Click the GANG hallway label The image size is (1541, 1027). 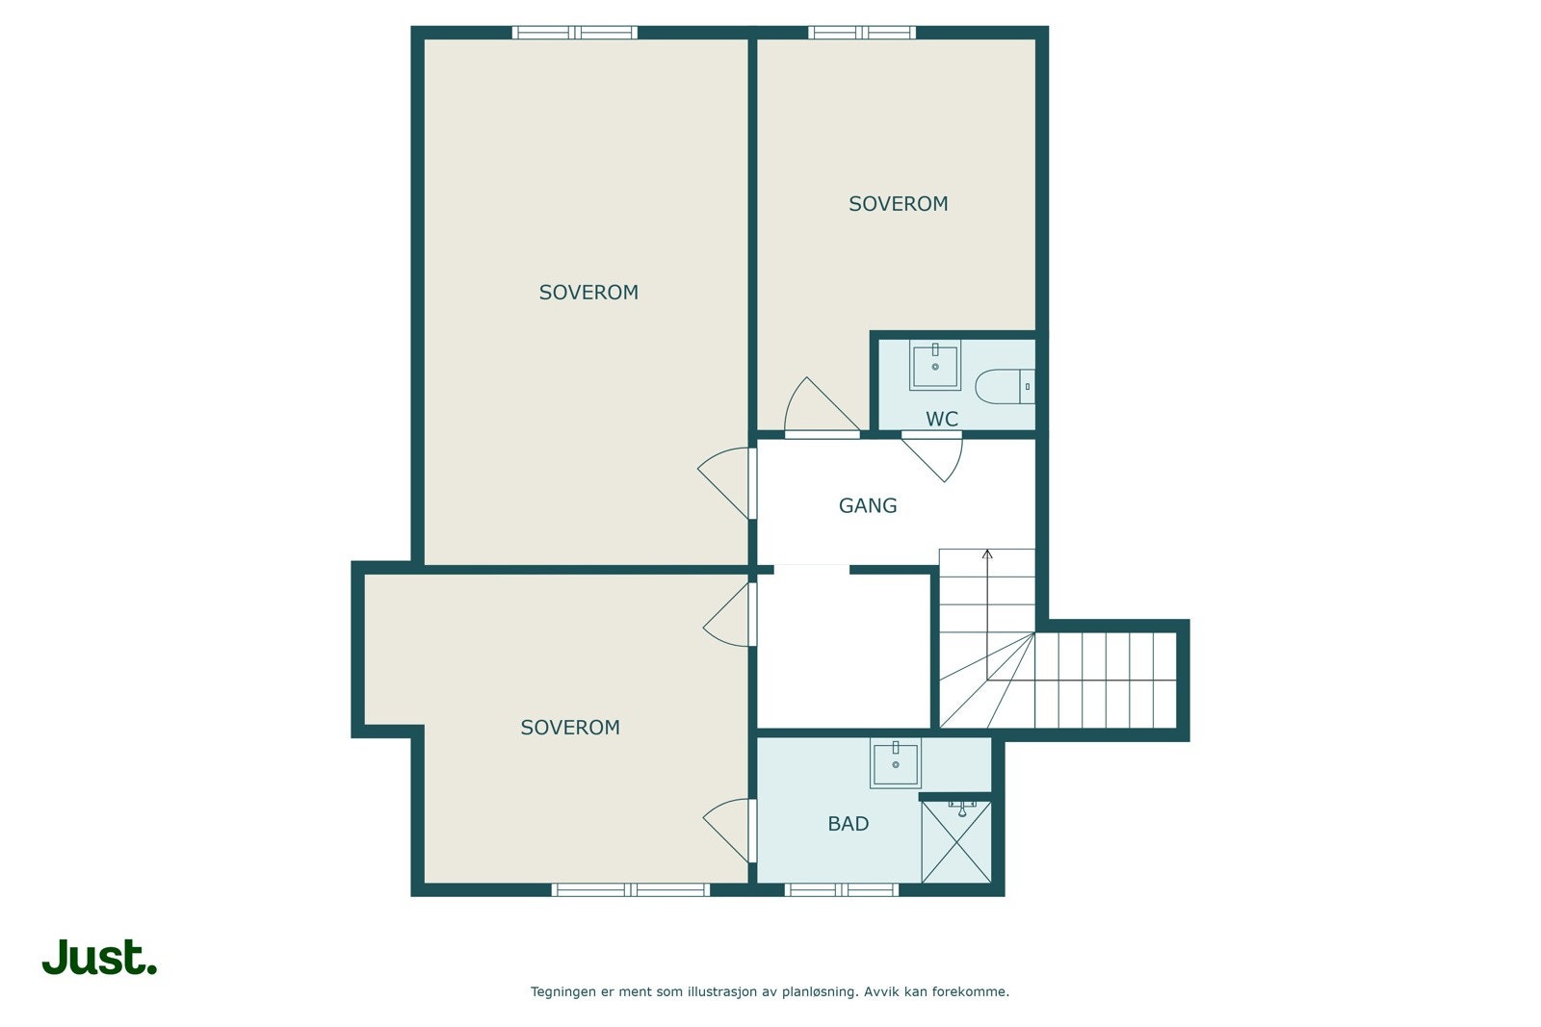point(868,505)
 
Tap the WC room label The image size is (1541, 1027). point(942,419)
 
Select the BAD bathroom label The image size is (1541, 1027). point(848,824)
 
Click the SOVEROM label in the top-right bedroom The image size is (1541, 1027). point(898,204)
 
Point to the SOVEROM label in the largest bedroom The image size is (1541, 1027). point(588,293)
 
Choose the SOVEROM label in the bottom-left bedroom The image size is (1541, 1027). point(570,728)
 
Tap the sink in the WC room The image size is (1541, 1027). point(935,366)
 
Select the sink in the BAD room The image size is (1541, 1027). point(896,763)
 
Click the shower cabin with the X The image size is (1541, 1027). point(956,842)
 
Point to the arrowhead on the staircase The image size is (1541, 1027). point(987,554)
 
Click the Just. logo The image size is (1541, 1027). point(99,958)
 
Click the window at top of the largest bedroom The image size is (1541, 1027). point(575,33)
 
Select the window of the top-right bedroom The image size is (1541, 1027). point(862,33)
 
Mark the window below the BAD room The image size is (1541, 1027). point(842,889)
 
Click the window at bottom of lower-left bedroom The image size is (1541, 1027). point(631,889)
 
